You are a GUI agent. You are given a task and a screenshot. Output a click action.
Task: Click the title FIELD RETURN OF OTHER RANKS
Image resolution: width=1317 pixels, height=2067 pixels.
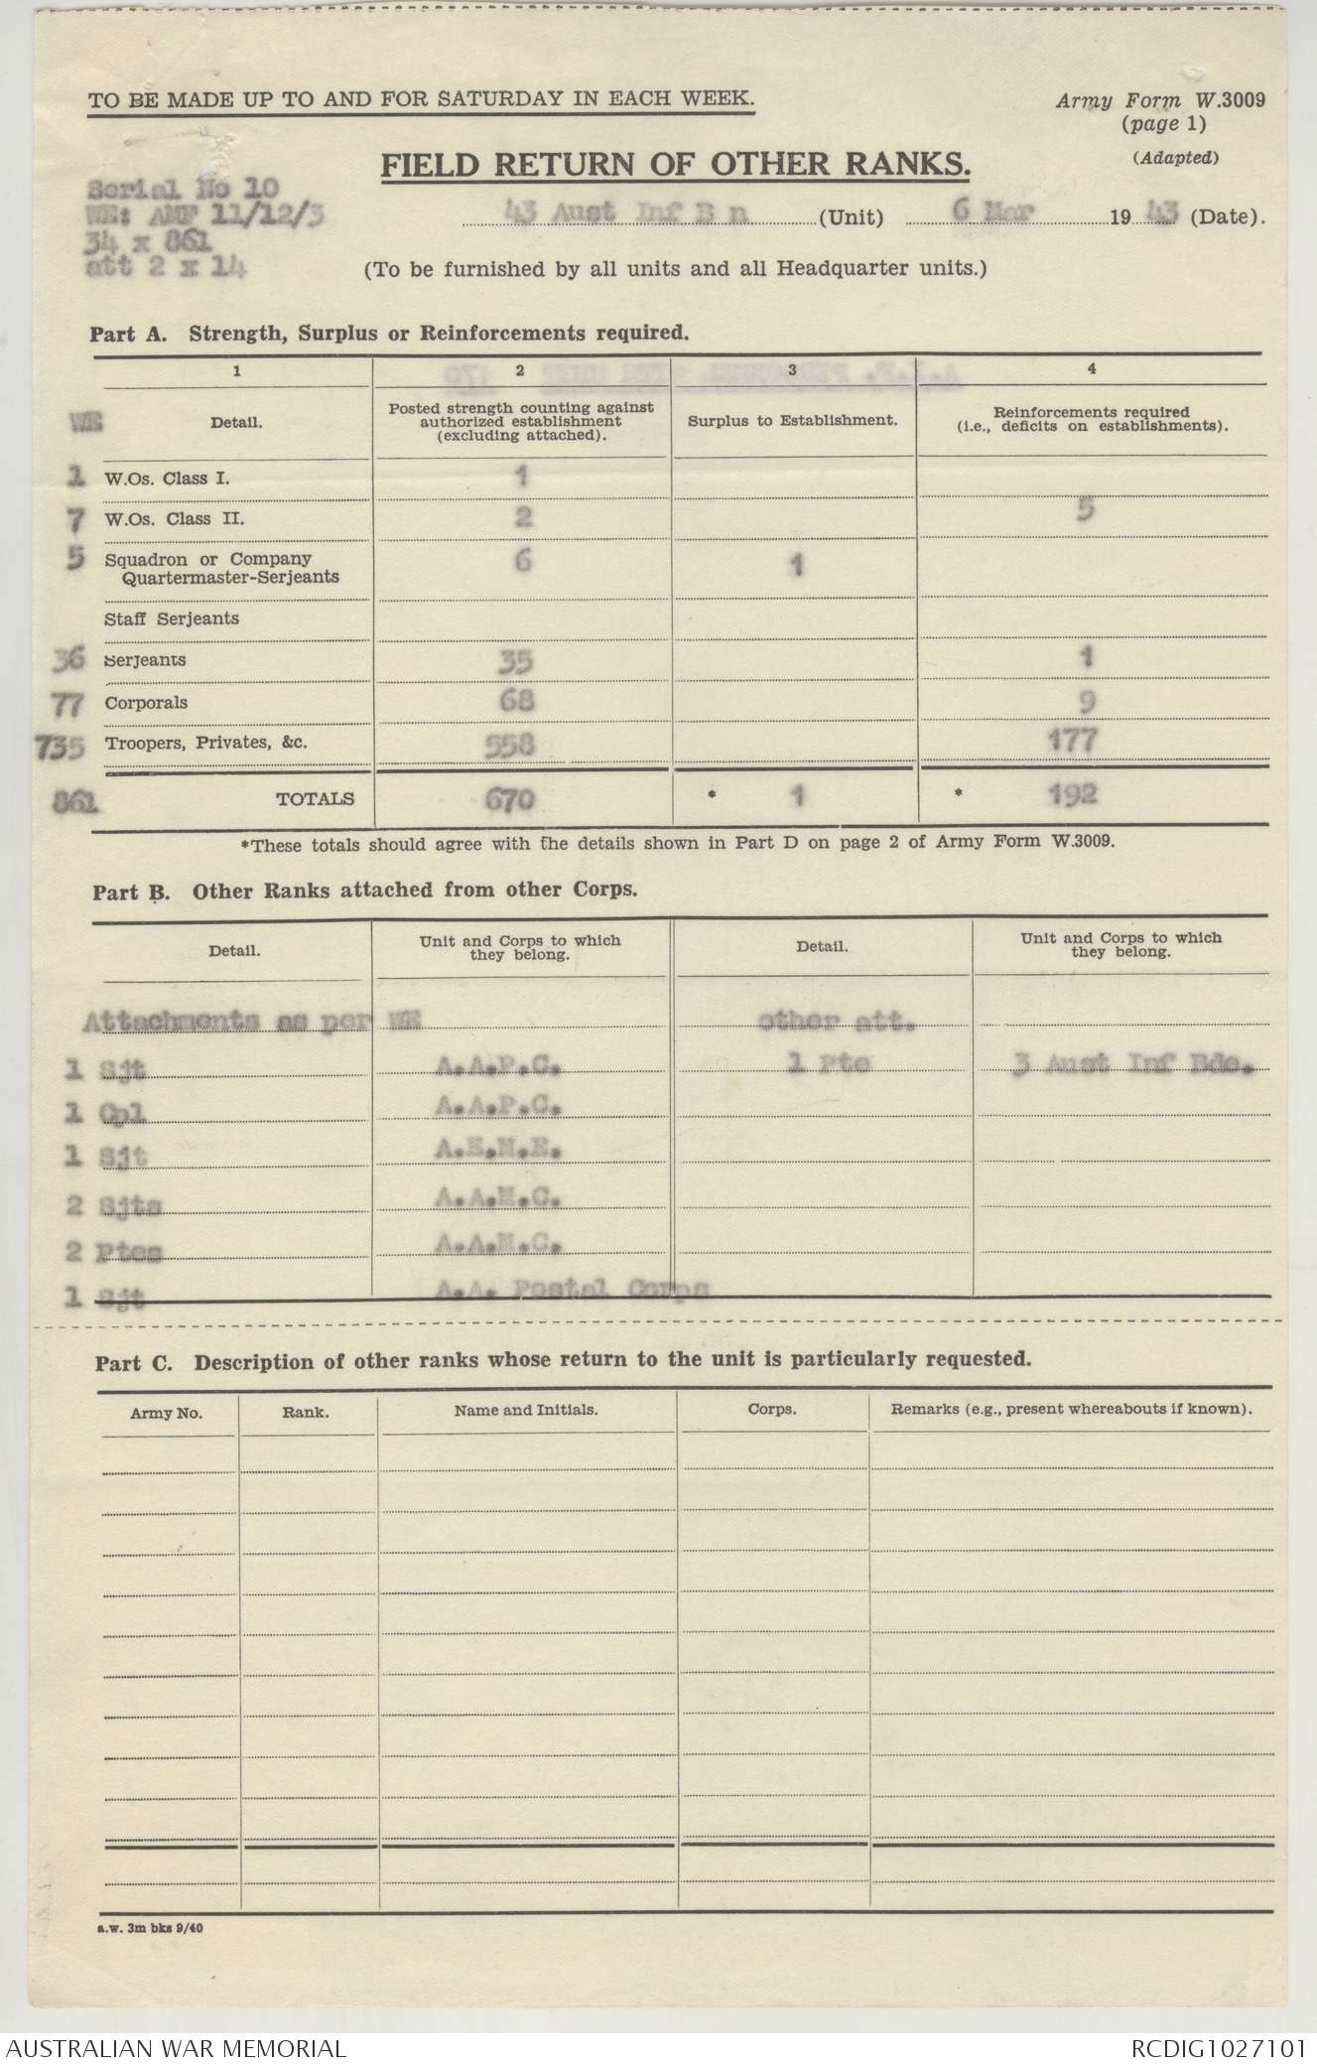pyautogui.click(x=676, y=165)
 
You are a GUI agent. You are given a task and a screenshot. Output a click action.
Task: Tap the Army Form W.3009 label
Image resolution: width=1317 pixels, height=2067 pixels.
pyautogui.click(x=1160, y=99)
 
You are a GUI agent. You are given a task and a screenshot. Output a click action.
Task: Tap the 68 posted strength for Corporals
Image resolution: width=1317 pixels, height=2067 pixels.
pyautogui.click(x=511, y=701)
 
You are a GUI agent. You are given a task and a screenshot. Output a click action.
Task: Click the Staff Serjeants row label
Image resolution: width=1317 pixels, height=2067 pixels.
pyautogui.click(x=172, y=619)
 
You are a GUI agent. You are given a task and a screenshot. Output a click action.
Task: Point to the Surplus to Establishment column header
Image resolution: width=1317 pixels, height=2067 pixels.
pyautogui.click(x=792, y=420)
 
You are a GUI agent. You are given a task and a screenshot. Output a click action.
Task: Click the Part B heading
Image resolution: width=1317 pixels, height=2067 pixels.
pyautogui.click(x=364, y=891)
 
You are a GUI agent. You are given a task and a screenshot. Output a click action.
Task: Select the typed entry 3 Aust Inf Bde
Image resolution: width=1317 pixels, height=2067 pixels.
pyautogui.click(x=1131, y=1066)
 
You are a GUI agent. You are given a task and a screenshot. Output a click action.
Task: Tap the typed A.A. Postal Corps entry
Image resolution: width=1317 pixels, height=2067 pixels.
pyautogui.click(x=572, y=1289)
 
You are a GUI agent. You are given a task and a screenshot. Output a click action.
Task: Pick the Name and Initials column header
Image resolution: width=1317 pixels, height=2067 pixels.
pyautogui.click(x=526, y=1410)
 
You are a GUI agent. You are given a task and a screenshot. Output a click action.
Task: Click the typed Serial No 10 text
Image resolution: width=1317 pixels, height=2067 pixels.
pyautogui.click(x=184, y=188)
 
